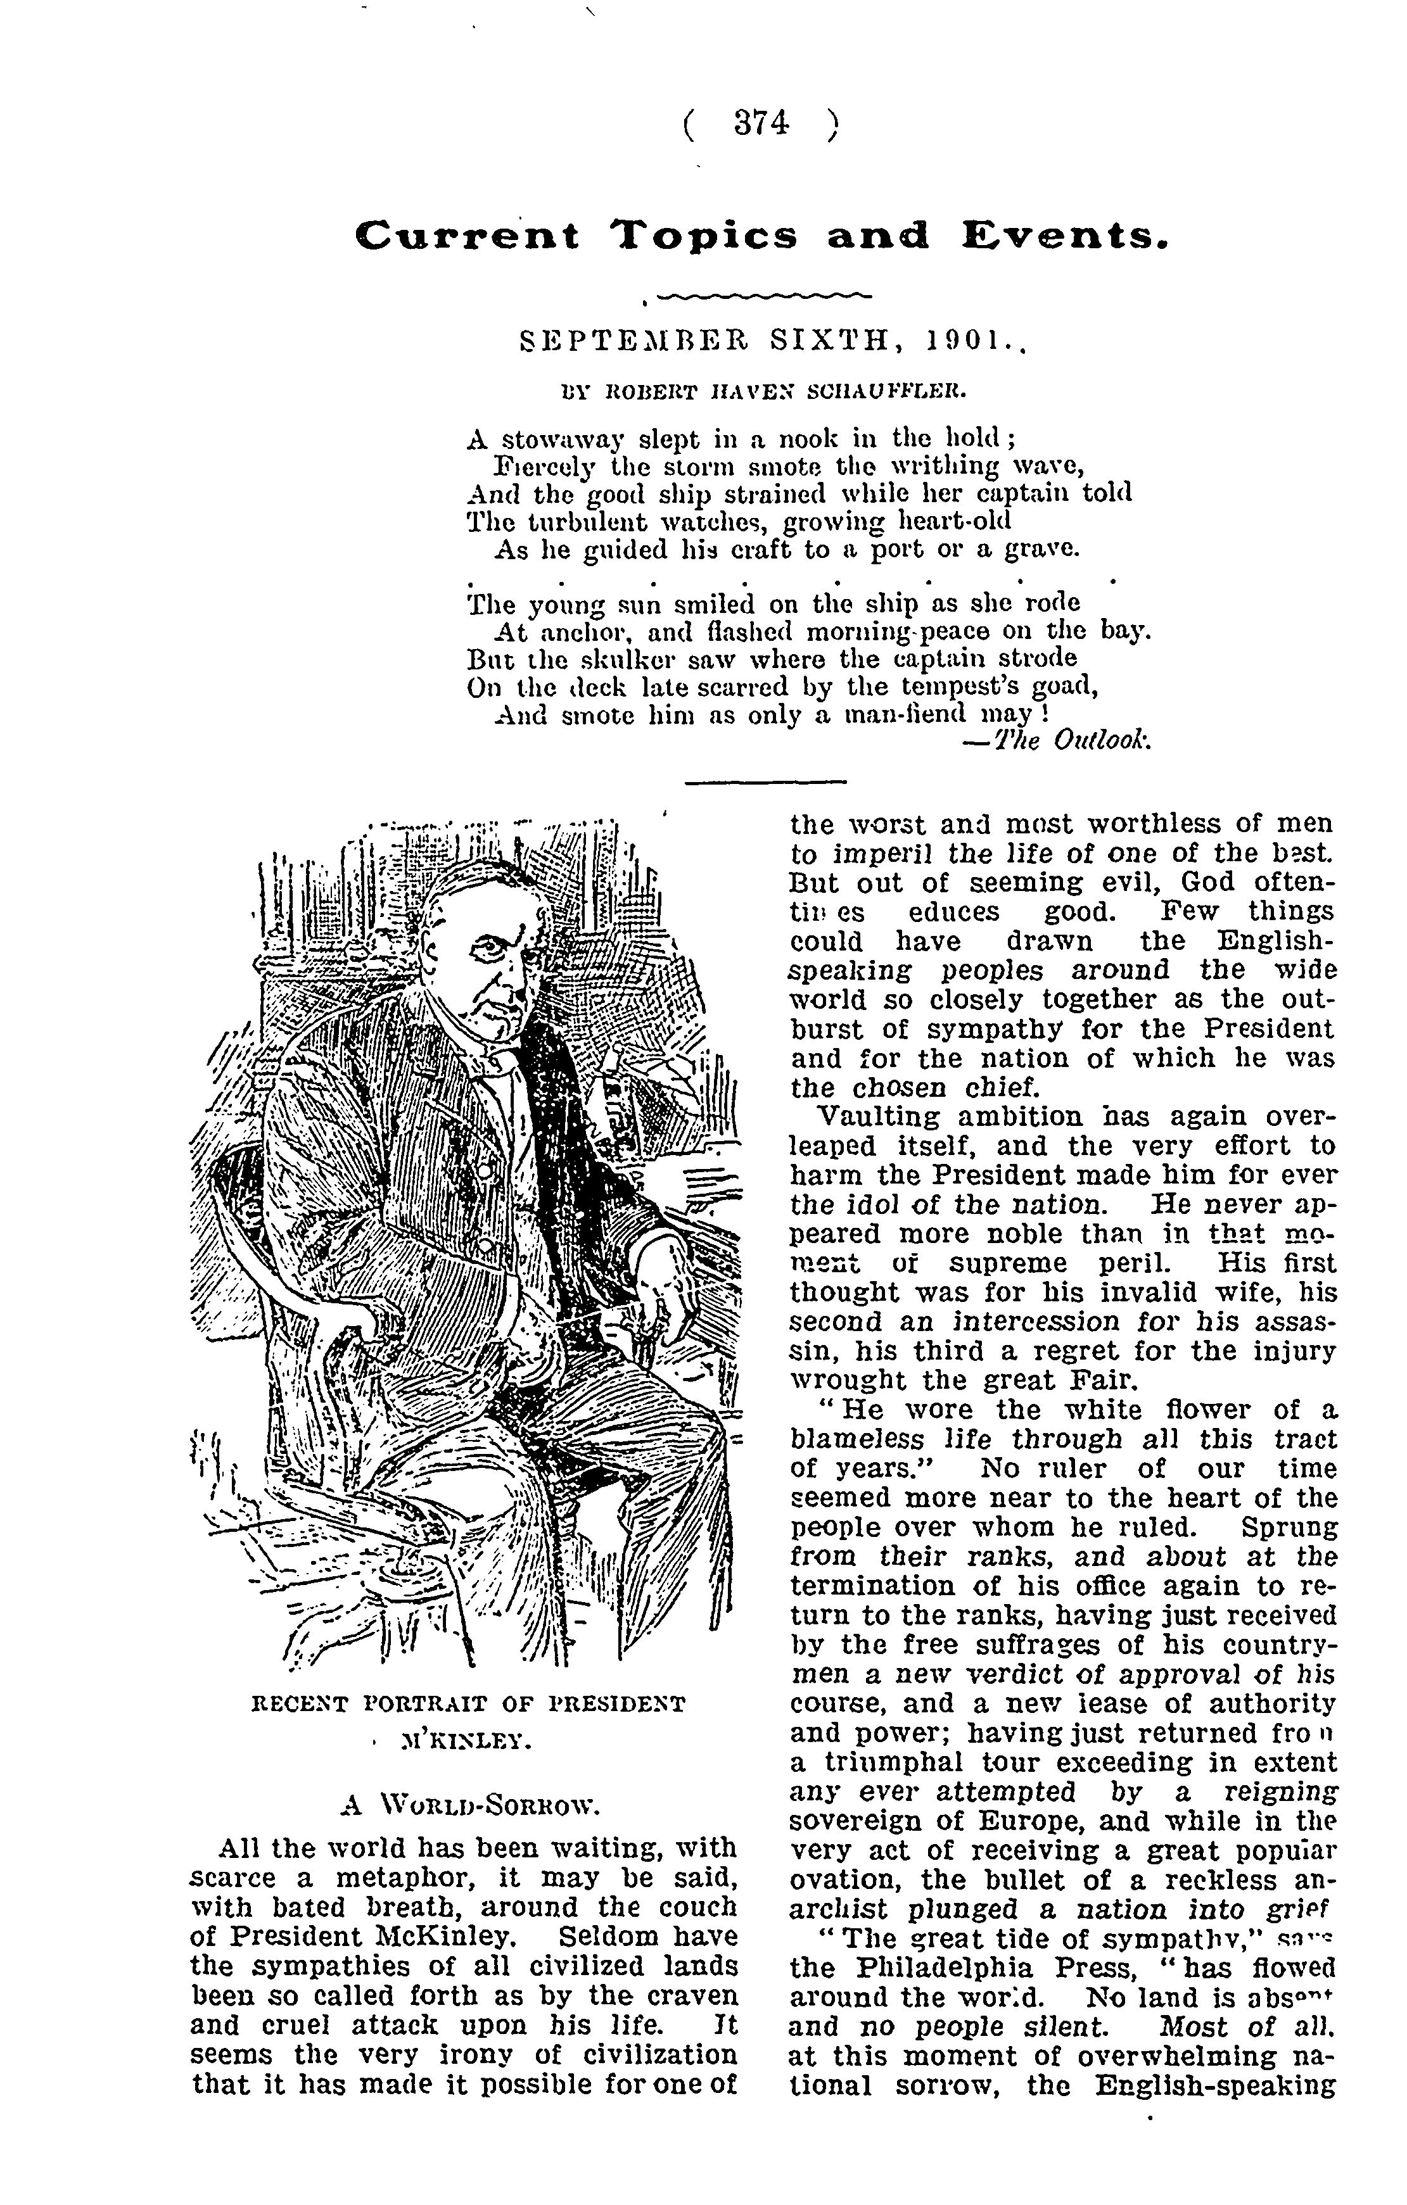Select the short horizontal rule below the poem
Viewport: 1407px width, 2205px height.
pos(766,781)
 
